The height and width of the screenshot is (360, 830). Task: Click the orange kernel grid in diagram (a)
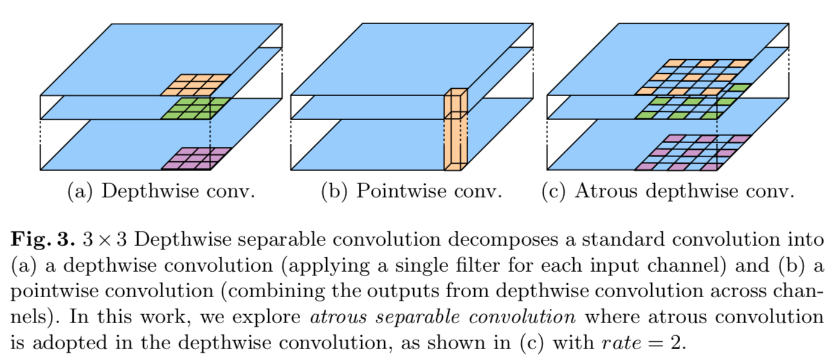(195, 85)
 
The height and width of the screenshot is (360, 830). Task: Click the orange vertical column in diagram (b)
(455, 130)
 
